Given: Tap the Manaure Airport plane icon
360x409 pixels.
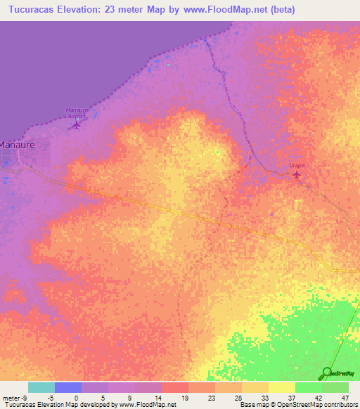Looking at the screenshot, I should point(76,125).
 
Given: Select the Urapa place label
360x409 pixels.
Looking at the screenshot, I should point(296,164).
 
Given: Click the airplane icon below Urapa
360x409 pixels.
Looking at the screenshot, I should point(296,174).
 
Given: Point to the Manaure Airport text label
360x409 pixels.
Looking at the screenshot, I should point(79,113).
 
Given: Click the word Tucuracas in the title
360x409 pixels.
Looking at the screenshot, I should point(36,10).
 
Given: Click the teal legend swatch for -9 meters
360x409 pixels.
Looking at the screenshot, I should point(41,387).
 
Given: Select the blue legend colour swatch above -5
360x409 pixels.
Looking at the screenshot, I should point(68,387).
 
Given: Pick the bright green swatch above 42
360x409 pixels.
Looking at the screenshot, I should point(308,387).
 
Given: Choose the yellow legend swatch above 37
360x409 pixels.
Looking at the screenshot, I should point(281,387).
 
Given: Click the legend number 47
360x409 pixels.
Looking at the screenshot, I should point(344,398).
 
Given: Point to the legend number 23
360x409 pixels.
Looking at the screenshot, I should point(210,398).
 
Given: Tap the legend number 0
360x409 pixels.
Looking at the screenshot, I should point(76,398).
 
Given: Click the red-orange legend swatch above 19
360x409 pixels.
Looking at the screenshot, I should point(174,387).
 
